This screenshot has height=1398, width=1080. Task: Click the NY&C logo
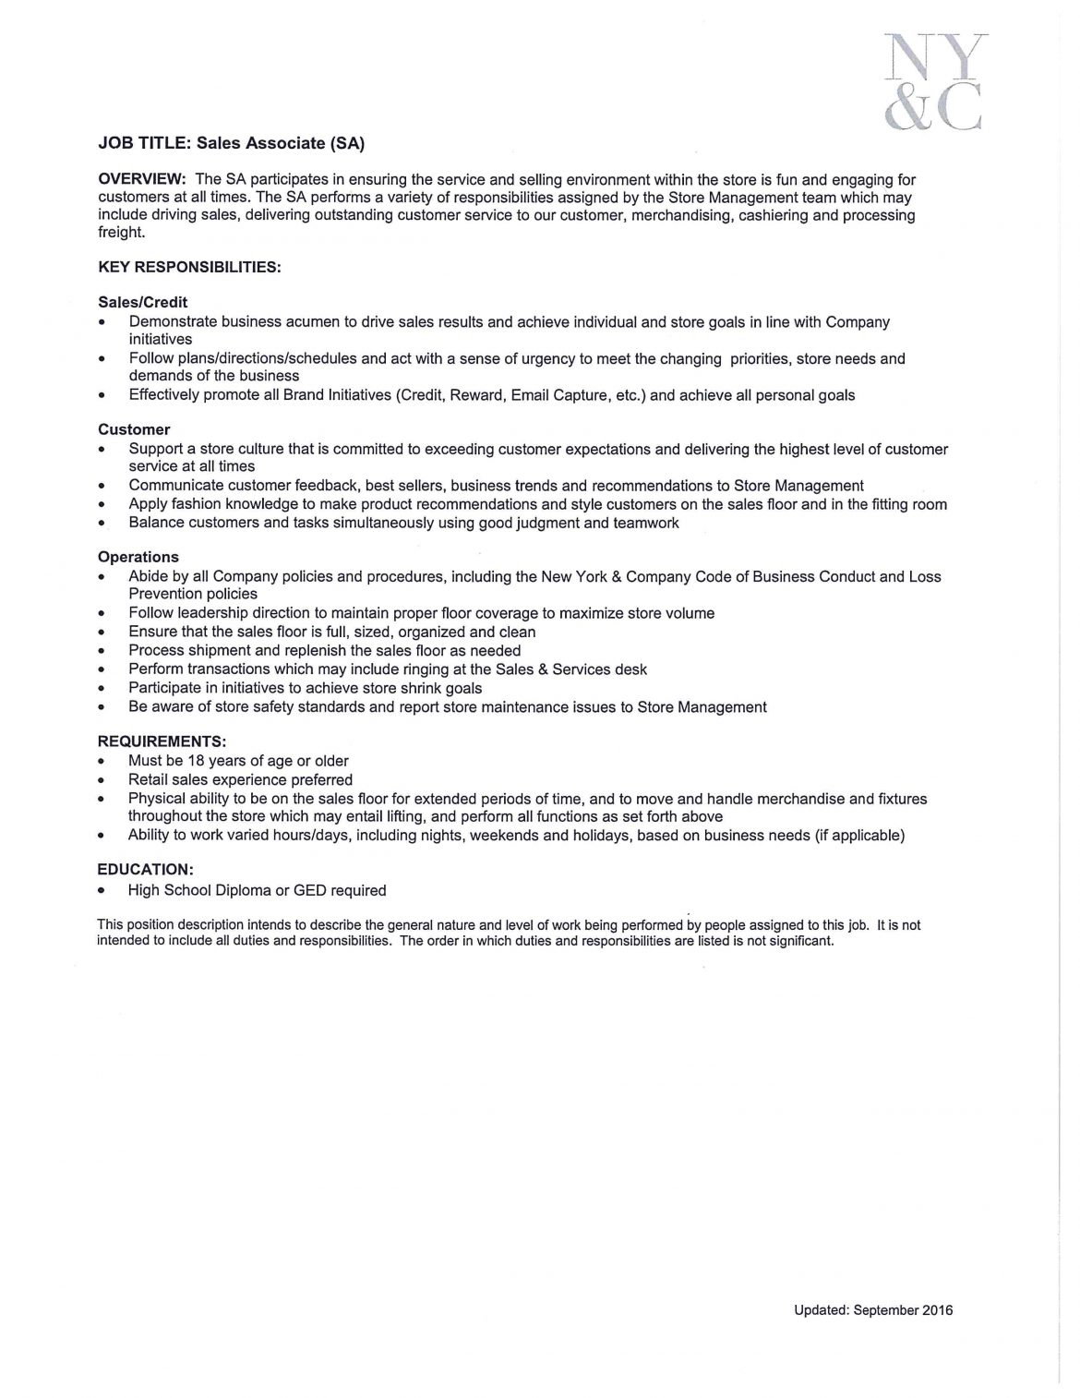tap(933, 80)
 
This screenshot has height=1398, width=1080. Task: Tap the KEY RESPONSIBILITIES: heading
tap(189, 268)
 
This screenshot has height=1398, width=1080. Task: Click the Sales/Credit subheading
tap(143, 302)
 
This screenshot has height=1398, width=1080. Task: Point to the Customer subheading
tap(134, 429)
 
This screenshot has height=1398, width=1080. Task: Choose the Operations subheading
tap(138, 557)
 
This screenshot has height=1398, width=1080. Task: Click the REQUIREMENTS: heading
tap(162, 741)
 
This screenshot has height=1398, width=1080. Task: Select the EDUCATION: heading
tap(145, 870)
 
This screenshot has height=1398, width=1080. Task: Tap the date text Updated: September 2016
tap(872, 1309)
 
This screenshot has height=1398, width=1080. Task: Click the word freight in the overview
tap(121, 233)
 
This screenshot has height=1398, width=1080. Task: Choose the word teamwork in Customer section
tap(646, 523)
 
